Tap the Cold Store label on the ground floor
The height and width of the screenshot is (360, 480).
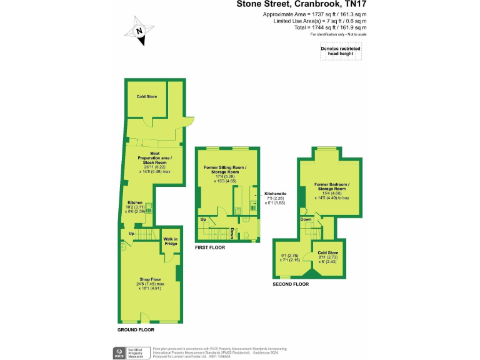[x=146, y=97]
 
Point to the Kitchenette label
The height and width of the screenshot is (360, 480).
[x=275, y=193]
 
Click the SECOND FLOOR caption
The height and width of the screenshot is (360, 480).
[x=291, y=284]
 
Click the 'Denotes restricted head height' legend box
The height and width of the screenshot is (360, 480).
[x=341, y=51]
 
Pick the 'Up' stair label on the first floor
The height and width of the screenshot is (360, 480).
[x=204, y=219]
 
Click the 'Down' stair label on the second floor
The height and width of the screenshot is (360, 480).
[x=306, y=219]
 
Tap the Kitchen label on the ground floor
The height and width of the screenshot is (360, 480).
[x=135, y=202]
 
